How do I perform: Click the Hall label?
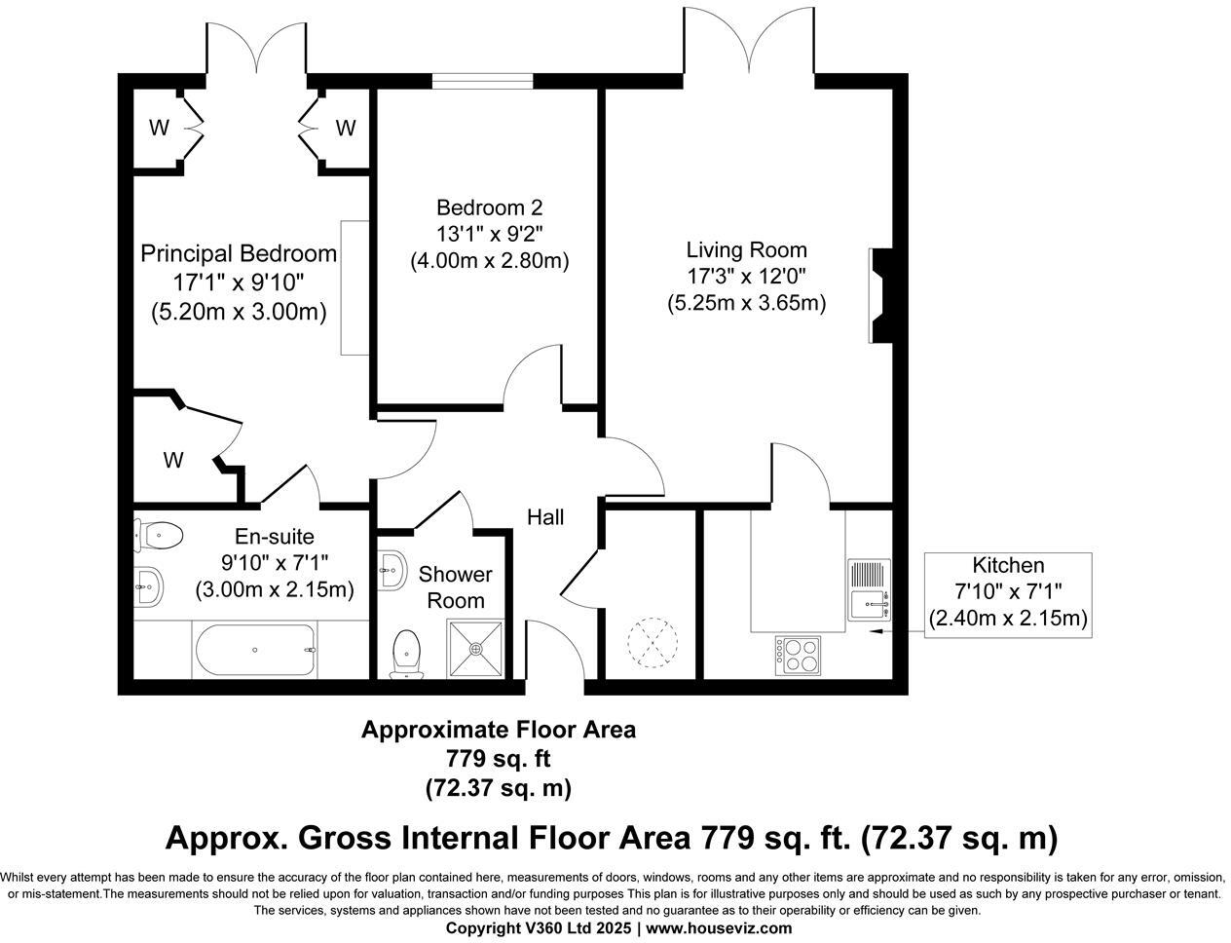[x=545, y=517]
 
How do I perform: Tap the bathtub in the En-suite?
[x=254, y=650]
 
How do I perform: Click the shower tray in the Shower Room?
[x=476, y=649]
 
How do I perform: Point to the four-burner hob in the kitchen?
[x=799, y=655]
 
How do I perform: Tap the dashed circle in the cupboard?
[x=653, y=643]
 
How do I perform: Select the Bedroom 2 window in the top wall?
[x=483, y=82]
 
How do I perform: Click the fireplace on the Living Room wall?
[x=881, y=296]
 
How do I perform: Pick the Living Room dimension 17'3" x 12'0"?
[x=746, y=277]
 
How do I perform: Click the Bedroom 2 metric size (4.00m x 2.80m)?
[x=490, y=261]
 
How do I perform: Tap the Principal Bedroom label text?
[x=239, y=254]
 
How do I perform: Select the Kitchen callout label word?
[x=1008, y=565]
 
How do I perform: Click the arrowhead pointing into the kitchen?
[x=876, y=630]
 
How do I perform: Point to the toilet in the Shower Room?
[x=407, y=654]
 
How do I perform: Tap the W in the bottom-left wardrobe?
[x=173, y=460]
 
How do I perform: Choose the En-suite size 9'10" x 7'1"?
[x=275, y=563]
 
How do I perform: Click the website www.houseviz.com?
[x=719, y=928]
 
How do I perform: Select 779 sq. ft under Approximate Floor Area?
[x=498, y=758]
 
